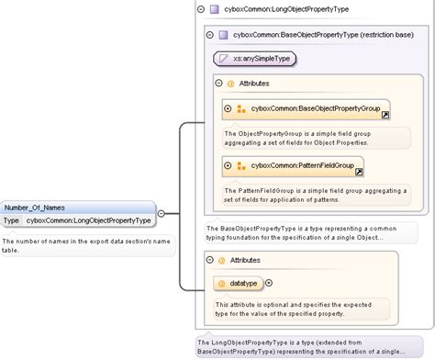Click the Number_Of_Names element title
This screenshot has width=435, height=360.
35,208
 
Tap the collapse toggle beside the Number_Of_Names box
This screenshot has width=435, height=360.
162,213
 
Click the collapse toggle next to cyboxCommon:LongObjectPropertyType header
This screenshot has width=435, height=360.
200,9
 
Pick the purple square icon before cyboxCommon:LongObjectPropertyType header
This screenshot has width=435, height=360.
214,9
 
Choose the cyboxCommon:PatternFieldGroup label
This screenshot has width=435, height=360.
302,165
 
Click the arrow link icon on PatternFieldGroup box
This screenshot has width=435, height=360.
359,172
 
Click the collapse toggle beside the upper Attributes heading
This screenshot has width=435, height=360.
218,84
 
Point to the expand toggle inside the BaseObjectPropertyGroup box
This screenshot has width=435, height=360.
228,109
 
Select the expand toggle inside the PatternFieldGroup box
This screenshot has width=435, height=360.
228,165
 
